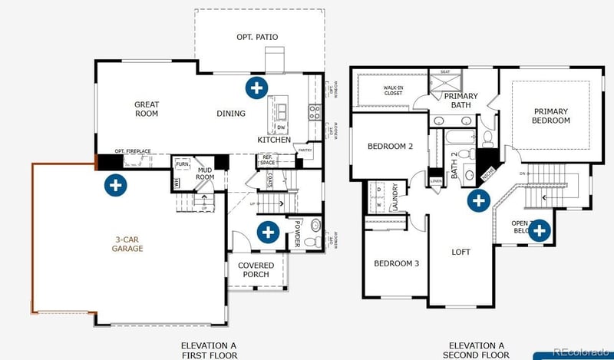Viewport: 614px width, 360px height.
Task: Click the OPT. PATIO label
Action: pyautogui.click(x=256, y=37)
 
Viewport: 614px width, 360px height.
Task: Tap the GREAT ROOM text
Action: pyautogui.click(x=146, y=109)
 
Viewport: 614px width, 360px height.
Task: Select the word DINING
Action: pyautogui.click(x=230, y=114)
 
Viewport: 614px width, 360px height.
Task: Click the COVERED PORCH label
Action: pyautogui.click(x=257, y=270)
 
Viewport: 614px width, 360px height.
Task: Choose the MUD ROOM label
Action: pyautogui.click(x=204, y=173)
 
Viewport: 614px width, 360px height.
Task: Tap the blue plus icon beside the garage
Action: pyautogui.click(x=116, y=184)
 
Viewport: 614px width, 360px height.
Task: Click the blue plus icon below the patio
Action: pyautogui.click(x=256, y=87)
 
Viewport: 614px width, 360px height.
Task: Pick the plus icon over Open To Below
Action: pyautogui.click(x=539, y=230)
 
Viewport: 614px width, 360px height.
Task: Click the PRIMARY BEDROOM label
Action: pyautogui.click(x=551, y=116)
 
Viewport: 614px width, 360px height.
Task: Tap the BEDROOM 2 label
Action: pyautogui.click(x=390, y=147)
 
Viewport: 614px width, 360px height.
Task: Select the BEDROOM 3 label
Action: pyautogui.click(x=396, y=264)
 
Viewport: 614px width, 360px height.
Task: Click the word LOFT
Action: pyautogui.click(x=460, y=252)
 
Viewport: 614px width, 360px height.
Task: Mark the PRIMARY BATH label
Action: pyautogui.click(x=460, y=101)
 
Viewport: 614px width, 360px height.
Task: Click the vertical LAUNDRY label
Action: pyautogui.click(x=395, y=197)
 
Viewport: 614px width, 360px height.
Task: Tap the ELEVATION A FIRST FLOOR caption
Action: pyautogui.click(x=210, y=350)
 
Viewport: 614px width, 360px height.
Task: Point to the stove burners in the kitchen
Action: pyautogui.click(x=314, y=113)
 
